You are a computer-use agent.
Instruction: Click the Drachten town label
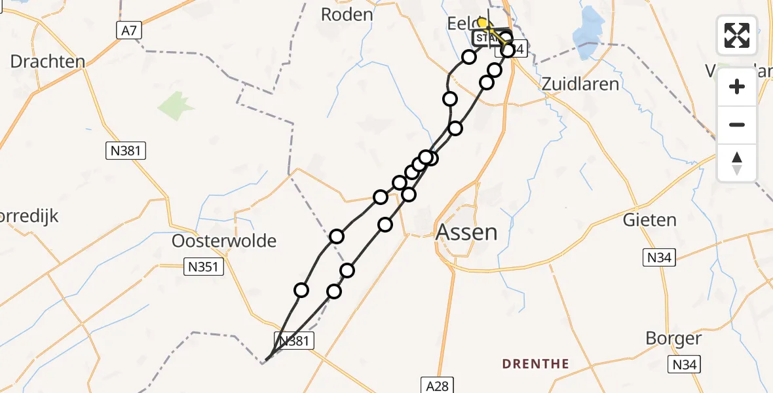(48, 62)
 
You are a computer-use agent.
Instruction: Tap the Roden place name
(347, 14)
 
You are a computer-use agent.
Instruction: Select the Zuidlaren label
(580, 84)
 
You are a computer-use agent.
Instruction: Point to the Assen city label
(466, 232)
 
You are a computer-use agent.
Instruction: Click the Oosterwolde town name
(224, 240)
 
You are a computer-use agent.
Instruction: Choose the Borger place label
(673, 339)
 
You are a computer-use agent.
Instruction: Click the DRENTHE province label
(535, 363)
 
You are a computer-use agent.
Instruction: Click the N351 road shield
(204, 267)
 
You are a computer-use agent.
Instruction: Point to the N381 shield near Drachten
(126, 151)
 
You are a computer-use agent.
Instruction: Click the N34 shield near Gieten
(659, 258)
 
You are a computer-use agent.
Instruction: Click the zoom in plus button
(737, 86)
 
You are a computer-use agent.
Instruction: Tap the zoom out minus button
(737, 124)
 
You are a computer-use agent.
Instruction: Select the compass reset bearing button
(737, 162)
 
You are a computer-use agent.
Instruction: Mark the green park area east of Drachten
(176, 105)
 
